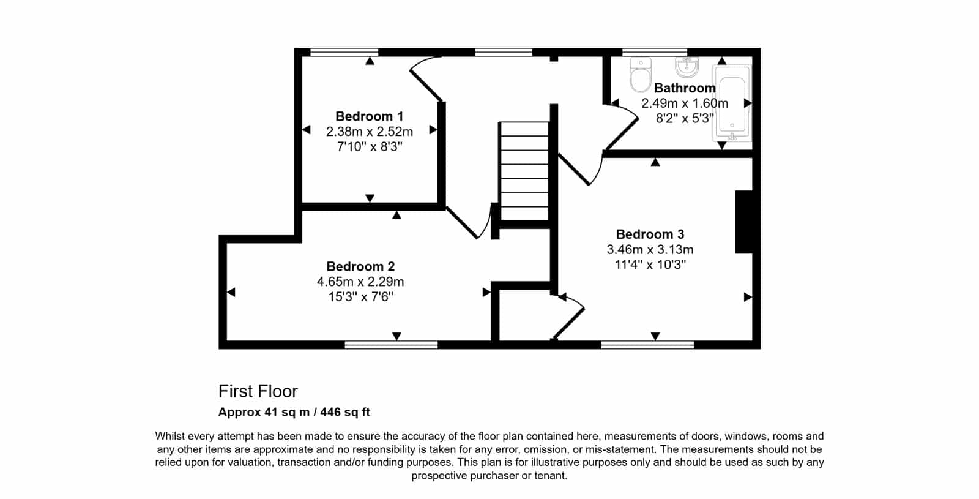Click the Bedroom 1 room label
click(370, 116)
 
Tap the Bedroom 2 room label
click(360, 266)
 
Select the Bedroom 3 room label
click(650, 234)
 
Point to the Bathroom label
click(685, 88)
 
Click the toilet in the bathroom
click(641, 75)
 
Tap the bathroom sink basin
click(687, 67)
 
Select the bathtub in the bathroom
click(732, 103)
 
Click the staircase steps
click(524, 171)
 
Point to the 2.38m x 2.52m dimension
click(370, 131)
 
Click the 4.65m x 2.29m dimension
click(360, 282)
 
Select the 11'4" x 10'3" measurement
click(650, 265)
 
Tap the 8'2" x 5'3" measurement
click(685, 119)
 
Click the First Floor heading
click(258, 391)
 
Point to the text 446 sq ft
click(345, 412)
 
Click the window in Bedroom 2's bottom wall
click(391, 345)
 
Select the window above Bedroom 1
click(344, 53)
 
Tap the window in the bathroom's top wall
click(654, 53)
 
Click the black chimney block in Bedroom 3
click(744, 222)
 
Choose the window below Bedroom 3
click(647, 345)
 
